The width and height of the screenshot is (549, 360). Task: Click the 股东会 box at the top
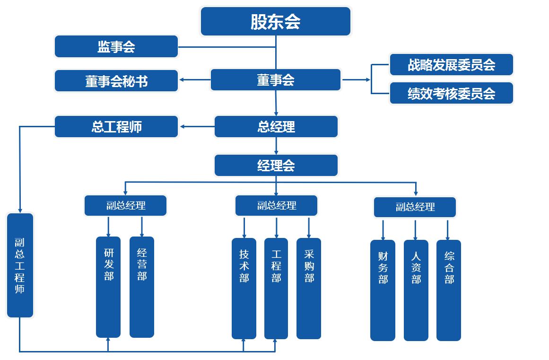click(x=276, y=21)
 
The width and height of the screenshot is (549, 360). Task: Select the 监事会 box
click(x=116, y=46)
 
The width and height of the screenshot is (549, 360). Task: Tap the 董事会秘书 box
click(x=116, y=81)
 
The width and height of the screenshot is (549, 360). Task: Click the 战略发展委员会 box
click(x=451, y=64)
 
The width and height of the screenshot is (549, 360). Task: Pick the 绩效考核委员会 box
click(x=451, y=93)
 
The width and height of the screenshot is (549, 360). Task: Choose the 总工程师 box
click(x=116, y=127)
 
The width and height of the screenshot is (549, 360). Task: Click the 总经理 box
click(x=276, y=127)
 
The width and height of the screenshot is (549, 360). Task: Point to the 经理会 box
click(x=276, y=166)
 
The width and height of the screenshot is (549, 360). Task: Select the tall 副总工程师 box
click(x=20, y=265)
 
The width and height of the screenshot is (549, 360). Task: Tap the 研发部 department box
click(x=108, y=287)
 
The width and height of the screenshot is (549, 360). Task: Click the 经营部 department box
click(x=142, y=287)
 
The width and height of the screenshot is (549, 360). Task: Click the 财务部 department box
click(x=383, y=290)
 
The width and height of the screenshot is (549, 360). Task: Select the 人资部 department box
click(x=416, y=290)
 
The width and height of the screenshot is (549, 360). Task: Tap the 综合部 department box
click(x=449, y=290)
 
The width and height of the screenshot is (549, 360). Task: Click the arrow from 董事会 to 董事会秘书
click(x=194, y=79)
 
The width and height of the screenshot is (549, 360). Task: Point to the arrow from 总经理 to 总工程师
click(x=197, y=126)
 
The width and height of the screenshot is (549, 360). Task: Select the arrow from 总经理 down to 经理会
click(x=276, y=146)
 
